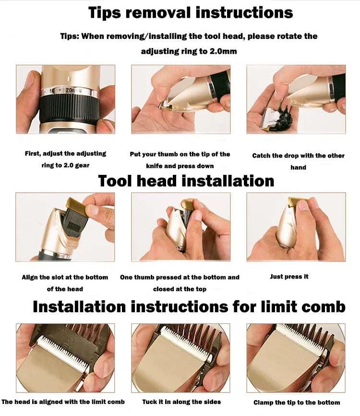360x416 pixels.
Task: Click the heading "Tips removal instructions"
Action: tap(191, 13)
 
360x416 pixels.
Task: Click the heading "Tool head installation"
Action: tap(186, 181)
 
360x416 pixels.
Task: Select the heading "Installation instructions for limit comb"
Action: tap(189, 306)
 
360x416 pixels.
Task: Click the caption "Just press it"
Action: tap(289, 277)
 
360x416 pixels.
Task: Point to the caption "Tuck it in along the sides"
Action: tap(181, 402)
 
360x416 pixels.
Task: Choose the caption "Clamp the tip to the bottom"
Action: tap(297, 403)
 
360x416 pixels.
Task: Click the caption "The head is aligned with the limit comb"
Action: tap(63, 402)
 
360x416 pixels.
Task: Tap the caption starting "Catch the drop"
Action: tap(298, 161)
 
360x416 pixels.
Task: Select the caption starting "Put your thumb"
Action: tap(180, 160)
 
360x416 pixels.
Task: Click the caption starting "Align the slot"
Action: tap(65, 283)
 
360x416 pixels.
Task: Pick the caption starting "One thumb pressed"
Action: tap(180, 283)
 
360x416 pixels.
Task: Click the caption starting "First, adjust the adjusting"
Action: tap(65, 159)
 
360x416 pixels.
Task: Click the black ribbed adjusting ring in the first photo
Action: tap(70, 109)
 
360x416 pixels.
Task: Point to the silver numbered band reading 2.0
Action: tap(70, 91)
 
